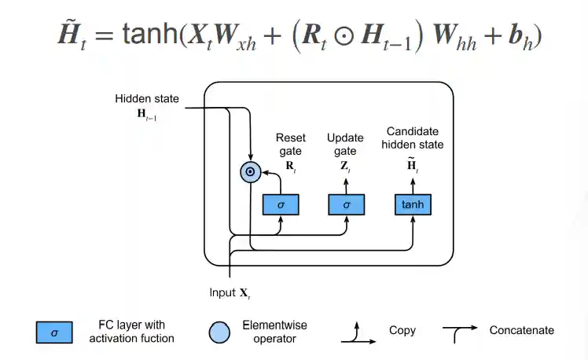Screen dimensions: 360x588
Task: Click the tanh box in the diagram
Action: pyautogui.click(x=413, y=204)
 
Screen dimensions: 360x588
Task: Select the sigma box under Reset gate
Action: pyautogui.click(x=281, y=204)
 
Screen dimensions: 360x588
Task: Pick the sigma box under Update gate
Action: pyautogui.click(x=347, y=204)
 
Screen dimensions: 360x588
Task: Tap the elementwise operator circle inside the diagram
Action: pyautogui.click(x=249, y=171)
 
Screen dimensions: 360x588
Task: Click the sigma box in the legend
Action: pyautogui.click(x=54, y=332)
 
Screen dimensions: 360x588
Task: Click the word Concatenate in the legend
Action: pyautogui.click(x=521, y=331)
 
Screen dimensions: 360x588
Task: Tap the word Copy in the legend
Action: pyautogui.click(x=402, y=331)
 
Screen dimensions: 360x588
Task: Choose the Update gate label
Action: pyautogui.click(x=346, y=145)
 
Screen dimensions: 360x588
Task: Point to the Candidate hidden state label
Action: pyautogui.click(x=415, y=138)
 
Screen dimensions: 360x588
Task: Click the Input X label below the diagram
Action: pyautogui.click(x=230, y=293)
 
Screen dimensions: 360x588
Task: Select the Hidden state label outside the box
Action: pyautogui.click(x=147, y=99)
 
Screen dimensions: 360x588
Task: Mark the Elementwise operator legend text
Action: pyautogui.click(x=274, y=332)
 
